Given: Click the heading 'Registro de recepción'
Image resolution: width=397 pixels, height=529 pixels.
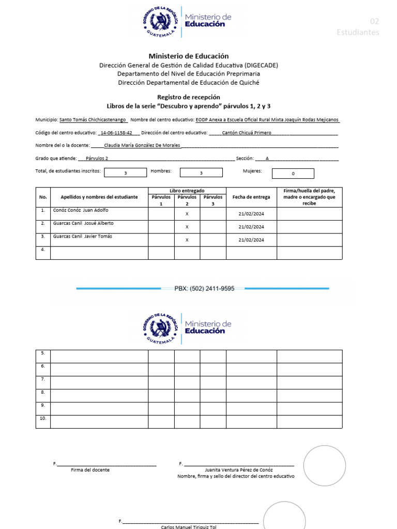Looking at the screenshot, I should pos(189,97).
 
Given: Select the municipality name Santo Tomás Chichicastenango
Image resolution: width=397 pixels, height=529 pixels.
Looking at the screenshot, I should pos(93,119).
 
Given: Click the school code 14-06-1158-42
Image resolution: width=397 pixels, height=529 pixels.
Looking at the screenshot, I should pos(116,133).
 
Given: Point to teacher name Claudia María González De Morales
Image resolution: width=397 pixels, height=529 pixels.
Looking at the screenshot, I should pos(142,146).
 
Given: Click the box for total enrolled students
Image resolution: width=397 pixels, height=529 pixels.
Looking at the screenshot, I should pos(125,173).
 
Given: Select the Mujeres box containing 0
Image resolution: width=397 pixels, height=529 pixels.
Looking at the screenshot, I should pos(293,174).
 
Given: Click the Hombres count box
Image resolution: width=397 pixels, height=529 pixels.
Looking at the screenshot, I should pos(201,173).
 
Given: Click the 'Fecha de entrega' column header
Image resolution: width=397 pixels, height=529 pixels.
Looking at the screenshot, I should pos(251,197).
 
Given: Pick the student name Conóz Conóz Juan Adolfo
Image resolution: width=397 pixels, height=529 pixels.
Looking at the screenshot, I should pos(81,210).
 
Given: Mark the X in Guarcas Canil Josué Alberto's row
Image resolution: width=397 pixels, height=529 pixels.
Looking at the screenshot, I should pos(187,227).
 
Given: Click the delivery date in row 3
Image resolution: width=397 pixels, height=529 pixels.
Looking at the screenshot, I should pos(251,240).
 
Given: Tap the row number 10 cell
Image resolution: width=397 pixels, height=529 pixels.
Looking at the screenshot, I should pos(42,418).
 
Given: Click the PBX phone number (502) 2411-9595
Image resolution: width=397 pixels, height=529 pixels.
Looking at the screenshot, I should pos(205,289).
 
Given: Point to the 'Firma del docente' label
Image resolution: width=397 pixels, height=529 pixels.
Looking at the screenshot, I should pos(90,470).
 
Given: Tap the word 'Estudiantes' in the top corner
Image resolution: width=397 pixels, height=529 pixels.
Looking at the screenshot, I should pos(358,32).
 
